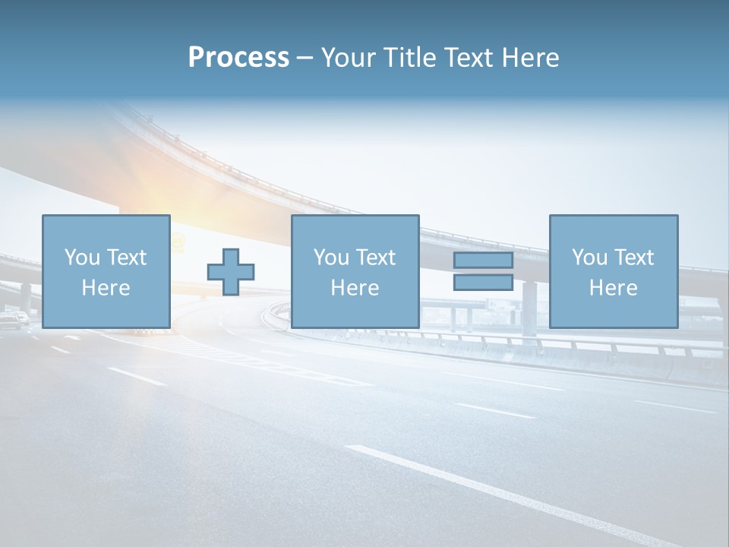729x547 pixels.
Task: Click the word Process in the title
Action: tap(238, 58)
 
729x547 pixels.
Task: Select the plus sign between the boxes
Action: tap(231, 272)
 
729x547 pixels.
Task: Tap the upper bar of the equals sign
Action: tap(483, 260)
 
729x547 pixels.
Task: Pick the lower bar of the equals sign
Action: tap(483, 282)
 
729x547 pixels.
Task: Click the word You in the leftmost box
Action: tap(82, 258)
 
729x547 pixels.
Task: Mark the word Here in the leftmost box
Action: tap(106, 288)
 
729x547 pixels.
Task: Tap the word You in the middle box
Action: tap(331, 258)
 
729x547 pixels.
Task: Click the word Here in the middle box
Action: tap(355, 288)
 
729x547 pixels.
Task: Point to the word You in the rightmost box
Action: tap(589, 258)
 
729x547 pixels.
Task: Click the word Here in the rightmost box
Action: tap(613, 288)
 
